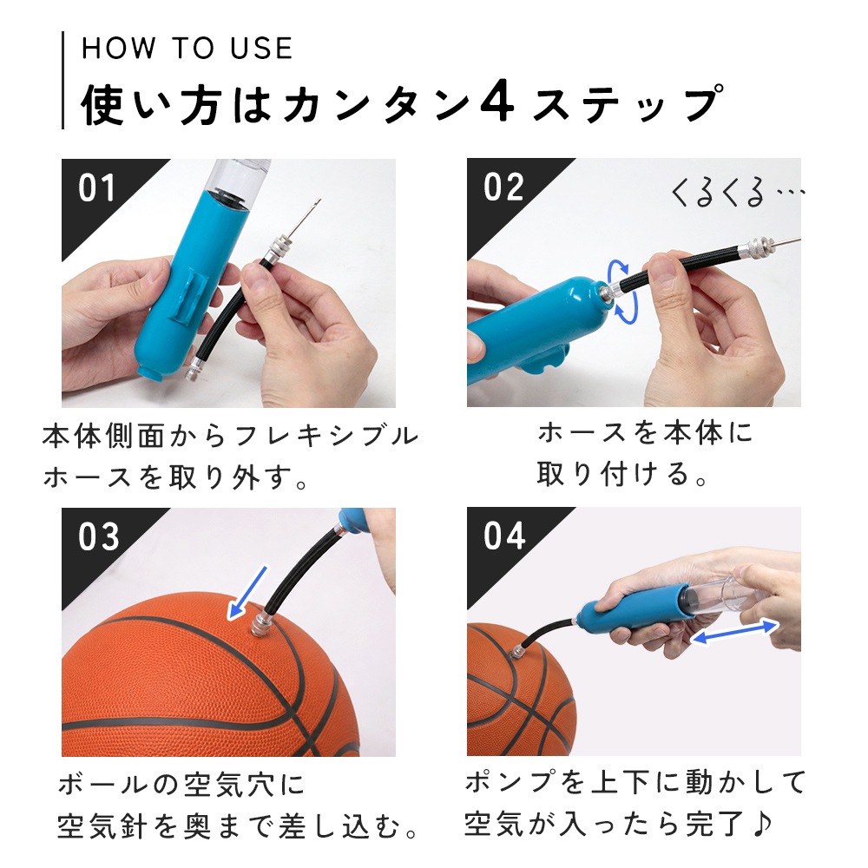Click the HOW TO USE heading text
coord(187,48)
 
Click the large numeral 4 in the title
coord(497,103)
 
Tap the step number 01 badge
coord(97,187)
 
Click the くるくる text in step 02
coord(718,193)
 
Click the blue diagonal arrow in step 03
coord(248,593)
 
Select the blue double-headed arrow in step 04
coord(734,633)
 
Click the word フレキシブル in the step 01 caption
coord(326,437)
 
